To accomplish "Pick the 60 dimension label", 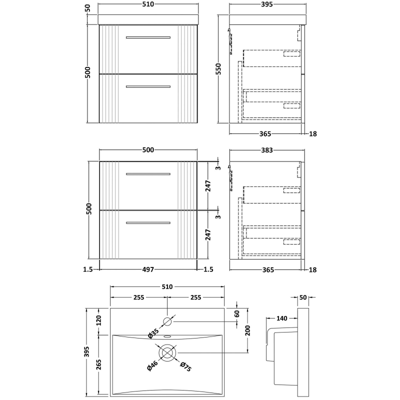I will [x=237, y=314].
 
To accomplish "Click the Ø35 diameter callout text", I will [x=154, y=334].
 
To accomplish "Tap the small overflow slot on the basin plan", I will [x=167, y=336].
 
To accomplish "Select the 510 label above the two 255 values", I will [x=166, y=286].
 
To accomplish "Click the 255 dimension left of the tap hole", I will [x=138, y=297].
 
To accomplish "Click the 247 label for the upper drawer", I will [x=208, y=186].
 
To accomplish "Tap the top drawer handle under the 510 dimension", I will [x=148, y=37].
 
